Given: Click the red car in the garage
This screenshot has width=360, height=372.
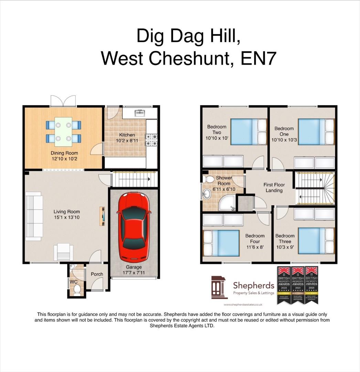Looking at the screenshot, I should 134,227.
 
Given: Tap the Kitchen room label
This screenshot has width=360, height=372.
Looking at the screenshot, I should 127,135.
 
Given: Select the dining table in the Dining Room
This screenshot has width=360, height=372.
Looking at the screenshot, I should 64,132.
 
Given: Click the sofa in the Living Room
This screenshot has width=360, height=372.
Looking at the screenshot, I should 33,217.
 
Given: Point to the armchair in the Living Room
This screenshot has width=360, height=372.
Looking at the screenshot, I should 64,251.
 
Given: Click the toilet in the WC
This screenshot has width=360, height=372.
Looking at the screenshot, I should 76,290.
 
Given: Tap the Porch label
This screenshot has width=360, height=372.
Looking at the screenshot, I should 97,274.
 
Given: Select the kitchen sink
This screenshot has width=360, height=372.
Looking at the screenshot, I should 140,113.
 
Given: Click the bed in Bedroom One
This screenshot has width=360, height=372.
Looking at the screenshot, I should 316,131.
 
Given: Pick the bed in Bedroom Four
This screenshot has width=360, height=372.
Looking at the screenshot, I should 221,243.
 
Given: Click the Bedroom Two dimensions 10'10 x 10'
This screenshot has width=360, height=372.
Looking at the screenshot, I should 216,138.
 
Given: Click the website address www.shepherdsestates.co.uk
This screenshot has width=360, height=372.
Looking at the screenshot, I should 243,304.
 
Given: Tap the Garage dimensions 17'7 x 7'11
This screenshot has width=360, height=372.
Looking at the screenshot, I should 134,272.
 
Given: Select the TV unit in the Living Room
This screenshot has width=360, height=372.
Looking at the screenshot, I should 103,216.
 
